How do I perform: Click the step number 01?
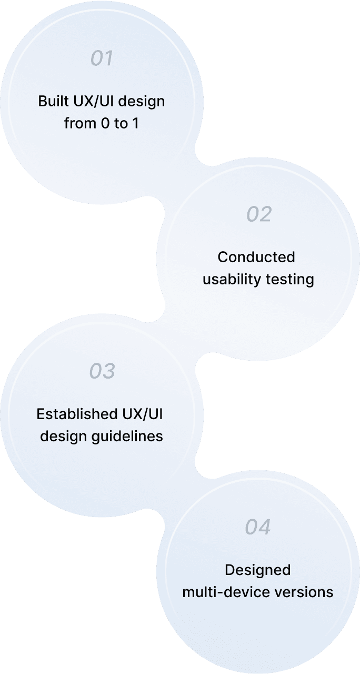102,58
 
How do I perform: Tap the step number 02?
259,214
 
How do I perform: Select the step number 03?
102,371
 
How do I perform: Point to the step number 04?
258,527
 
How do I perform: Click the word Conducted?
256,257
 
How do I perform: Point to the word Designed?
257,570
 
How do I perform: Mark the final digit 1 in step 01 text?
135,124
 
